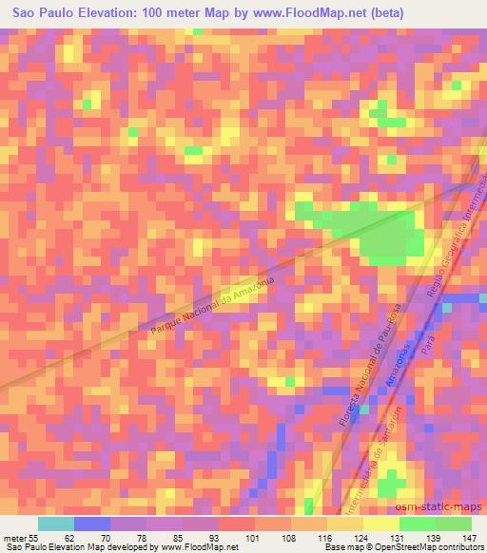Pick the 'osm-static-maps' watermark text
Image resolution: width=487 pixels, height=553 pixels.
coord(445,505)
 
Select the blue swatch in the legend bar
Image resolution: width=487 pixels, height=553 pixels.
coord(92,524)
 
